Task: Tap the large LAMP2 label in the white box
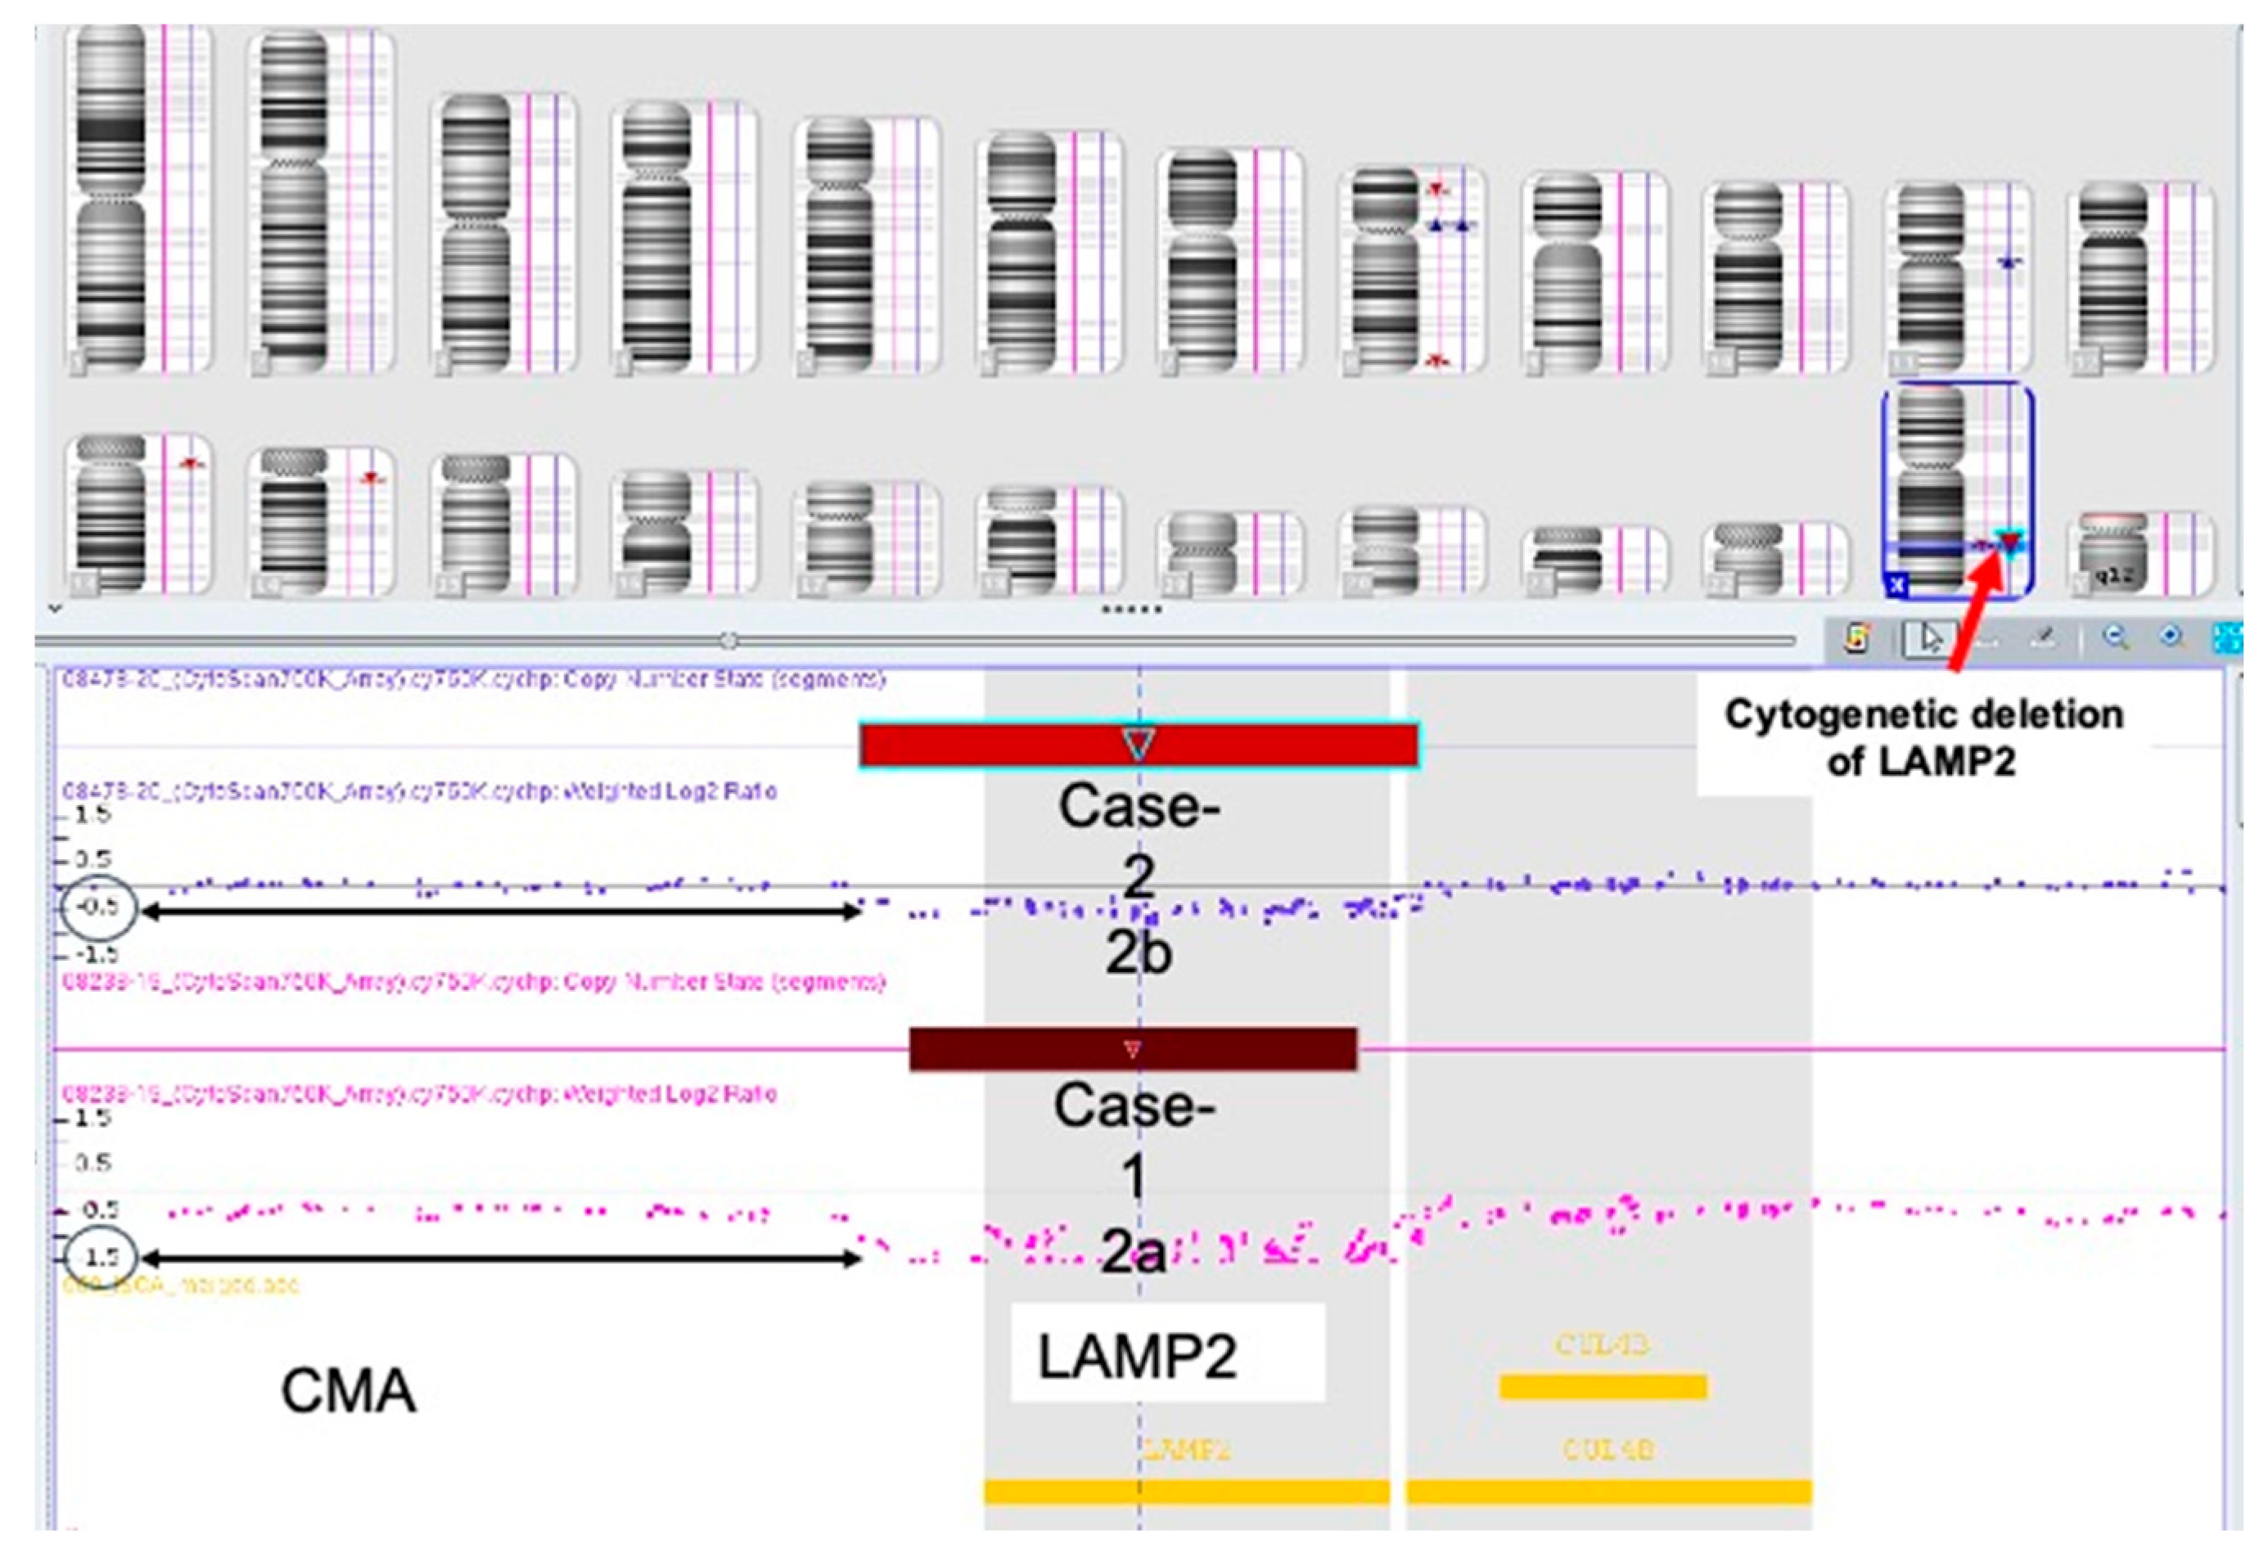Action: [x=1137, y=1356]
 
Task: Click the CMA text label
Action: [x=349, y=1391]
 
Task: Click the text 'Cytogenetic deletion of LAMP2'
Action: [x=1923, y=737]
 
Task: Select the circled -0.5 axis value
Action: [x=99, y=905]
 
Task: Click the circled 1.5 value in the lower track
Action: [x=99, y=1256]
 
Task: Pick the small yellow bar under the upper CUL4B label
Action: [x=1603, y=1386]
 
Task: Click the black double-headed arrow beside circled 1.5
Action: [x=501, y=1258]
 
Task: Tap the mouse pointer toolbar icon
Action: [x=1930, y=639]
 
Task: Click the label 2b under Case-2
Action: [x=1139, y=952]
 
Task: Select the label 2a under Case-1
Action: [x=1134, y=1253]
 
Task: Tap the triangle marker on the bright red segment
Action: [x=1139, y=743]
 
